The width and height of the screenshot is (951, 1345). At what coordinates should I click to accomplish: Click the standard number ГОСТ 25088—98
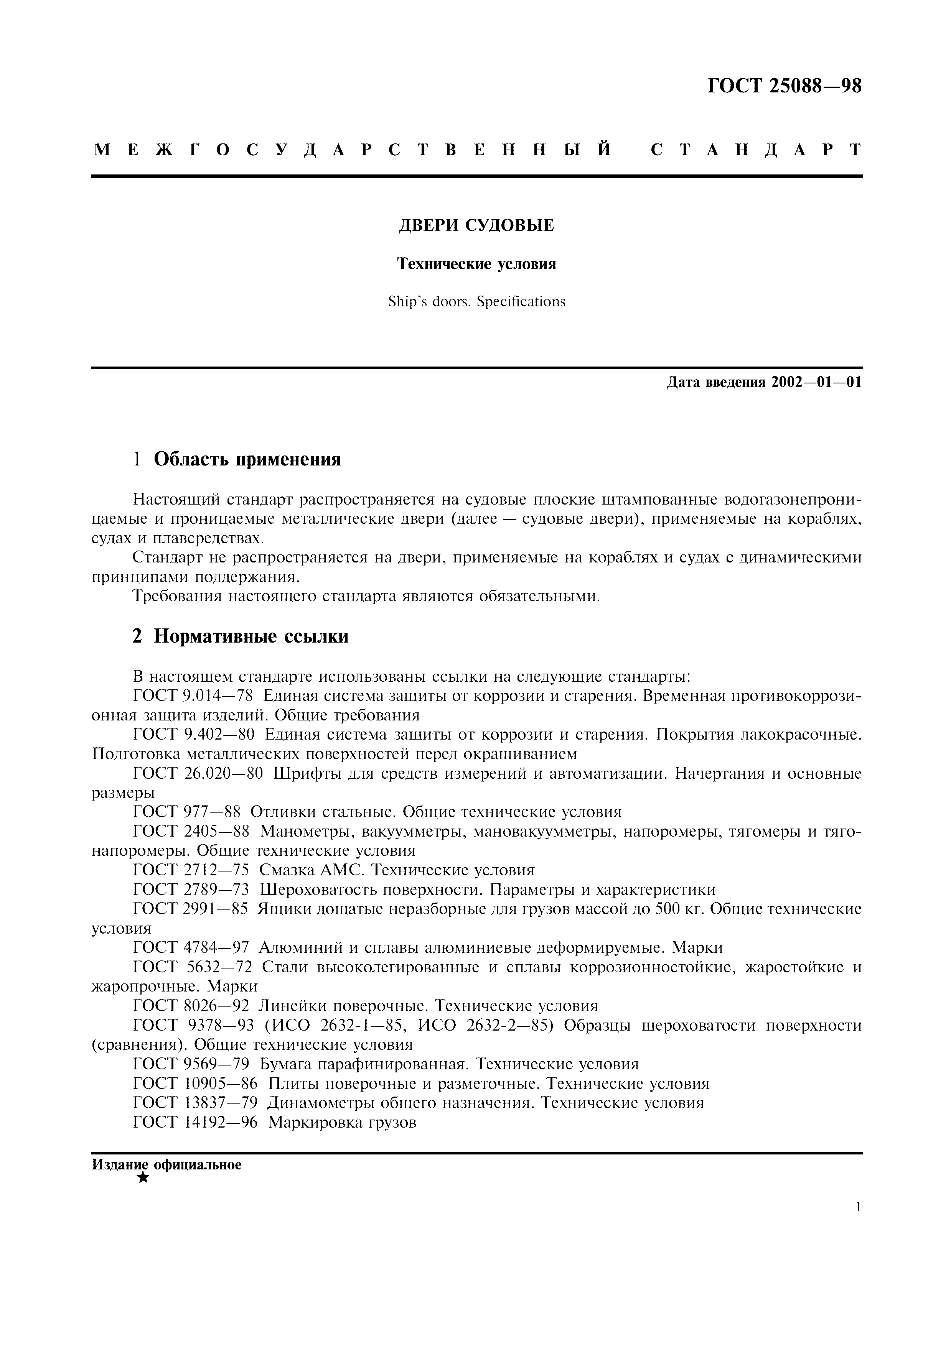pyautogui.click(x=785, y=87)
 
